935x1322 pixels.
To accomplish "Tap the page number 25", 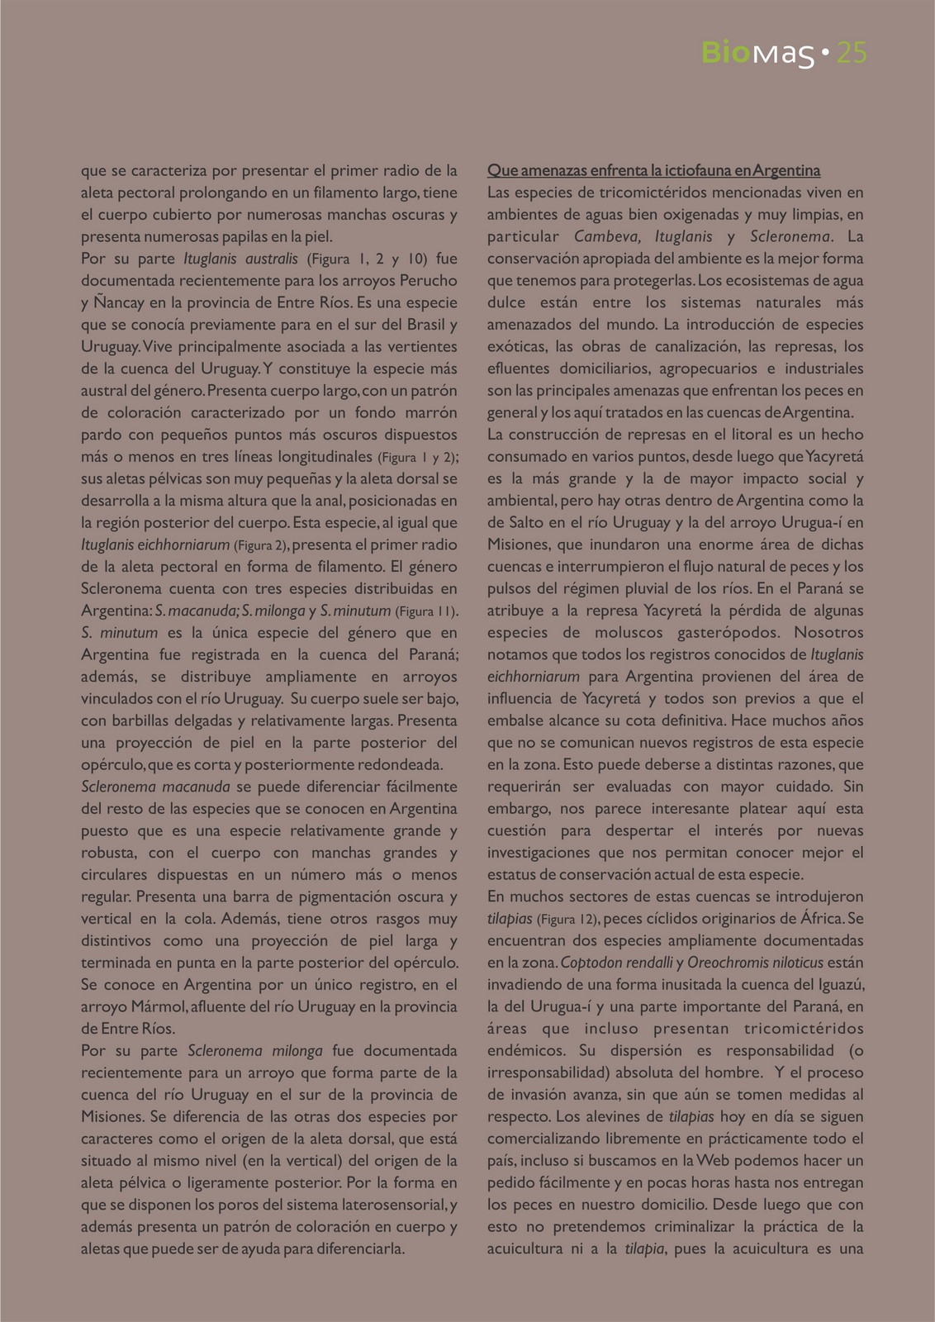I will point(851,55).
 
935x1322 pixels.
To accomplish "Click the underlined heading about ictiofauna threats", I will point(653,171).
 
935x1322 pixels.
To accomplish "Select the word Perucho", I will point(425,280).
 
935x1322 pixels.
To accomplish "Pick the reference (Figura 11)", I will point(426,611).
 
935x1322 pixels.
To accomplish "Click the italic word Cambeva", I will point(604,236).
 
